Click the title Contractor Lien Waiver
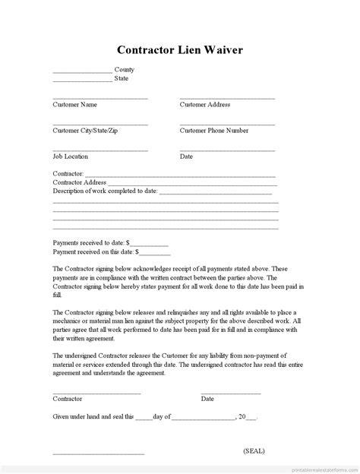click(x=180, y=50)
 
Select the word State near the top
click(x=122, y=78)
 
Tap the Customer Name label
click(x=75, y=104)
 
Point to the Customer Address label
click(x=204, y=104)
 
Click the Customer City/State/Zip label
click(x=85, y=130)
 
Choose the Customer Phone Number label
click(x=213, y=130)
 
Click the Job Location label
click(x=70, y=156)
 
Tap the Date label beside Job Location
click(x=186, y=156)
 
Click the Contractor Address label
click(x=79, y=182)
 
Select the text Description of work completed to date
click(x=105, y=191)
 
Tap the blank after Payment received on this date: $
click(x=155, y=253)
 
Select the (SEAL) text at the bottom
click(x=254, y=451)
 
